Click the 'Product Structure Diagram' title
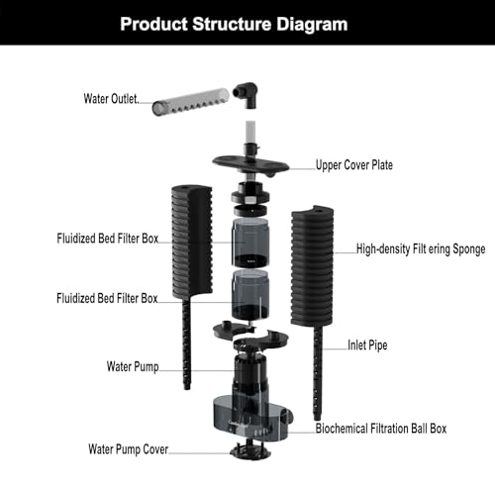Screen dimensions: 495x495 pos(234,24)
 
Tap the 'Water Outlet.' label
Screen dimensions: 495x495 pos(111,98)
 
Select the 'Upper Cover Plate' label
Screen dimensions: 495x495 pos(354,164)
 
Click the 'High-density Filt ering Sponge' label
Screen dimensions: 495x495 pos(421,248)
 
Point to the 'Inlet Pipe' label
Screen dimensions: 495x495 pos(367,345)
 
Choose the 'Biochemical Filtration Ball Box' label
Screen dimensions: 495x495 pos(381,429)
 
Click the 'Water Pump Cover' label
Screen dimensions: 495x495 pos(129,448)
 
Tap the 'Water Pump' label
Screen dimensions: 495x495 pos(133,366)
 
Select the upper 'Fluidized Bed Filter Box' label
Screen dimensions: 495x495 pos(108,238)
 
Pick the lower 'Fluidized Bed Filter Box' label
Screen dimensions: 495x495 pos(107,298)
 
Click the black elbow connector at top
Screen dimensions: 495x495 pos(246,95)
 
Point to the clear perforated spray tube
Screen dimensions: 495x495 pos(190,101)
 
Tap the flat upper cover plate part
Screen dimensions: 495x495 pos(250,164)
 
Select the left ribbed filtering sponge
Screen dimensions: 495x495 pos(192,241)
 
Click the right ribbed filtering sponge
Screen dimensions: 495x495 pos(312,265)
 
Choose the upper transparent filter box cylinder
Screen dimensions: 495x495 pos(250,242)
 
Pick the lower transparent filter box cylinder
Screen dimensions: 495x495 pos(250,295)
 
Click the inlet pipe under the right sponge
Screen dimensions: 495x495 pos(317,373)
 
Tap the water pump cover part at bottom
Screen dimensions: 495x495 pos(250,450)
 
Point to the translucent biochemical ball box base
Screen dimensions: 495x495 pos(251,418)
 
